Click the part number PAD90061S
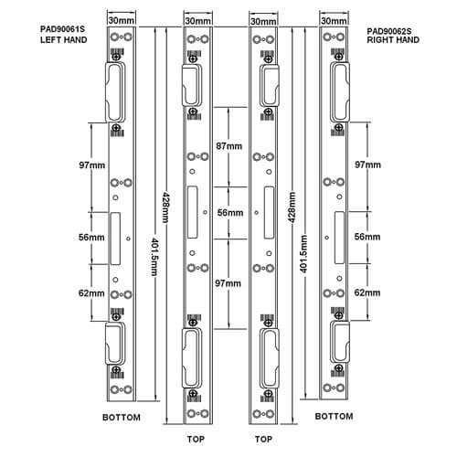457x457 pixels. tap(62, 29)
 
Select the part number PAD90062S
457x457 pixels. tap(389, 31)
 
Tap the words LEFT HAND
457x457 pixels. tap(64, 40)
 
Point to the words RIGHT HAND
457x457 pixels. tap(393, 40)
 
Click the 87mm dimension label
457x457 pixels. tap(229, 146)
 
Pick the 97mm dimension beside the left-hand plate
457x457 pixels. tap(92, 165)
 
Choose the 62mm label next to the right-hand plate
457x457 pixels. tap(367, 292)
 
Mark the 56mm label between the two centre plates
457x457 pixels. tap(230, 212)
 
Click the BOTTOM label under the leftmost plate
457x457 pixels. tap(122, 418)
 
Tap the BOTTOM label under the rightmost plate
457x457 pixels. tap(334, 416)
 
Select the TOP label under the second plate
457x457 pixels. tap(196, 439)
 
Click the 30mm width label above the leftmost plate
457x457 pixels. tap(122, 20)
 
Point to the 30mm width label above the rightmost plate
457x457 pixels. tap(334, 21)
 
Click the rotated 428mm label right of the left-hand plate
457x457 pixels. tap(165, 207)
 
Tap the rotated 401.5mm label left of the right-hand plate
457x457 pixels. tap(303, 254)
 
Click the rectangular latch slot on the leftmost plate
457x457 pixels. tap(115, 239)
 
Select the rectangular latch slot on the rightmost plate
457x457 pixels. tap(339, 238)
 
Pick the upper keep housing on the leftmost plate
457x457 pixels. tap(115, 92)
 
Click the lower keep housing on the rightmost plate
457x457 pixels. tap(340, 342)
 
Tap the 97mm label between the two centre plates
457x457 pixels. tap(228, 283)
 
